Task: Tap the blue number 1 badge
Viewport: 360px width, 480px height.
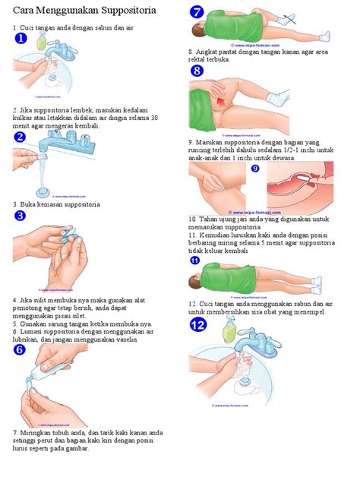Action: pos(21,38)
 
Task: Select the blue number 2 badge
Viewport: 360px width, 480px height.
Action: pos(21,137)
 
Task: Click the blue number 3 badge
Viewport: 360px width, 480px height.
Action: pos(21,216)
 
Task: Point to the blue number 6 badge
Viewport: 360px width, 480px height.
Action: pos(21,349)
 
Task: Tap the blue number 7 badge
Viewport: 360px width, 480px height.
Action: pos(197,12)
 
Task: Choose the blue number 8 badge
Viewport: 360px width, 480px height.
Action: pos(197,71)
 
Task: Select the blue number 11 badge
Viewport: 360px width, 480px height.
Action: pos(195,261)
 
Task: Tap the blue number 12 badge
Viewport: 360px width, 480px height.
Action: pos(198,325)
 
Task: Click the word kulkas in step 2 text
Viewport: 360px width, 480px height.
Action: pos(24,118)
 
